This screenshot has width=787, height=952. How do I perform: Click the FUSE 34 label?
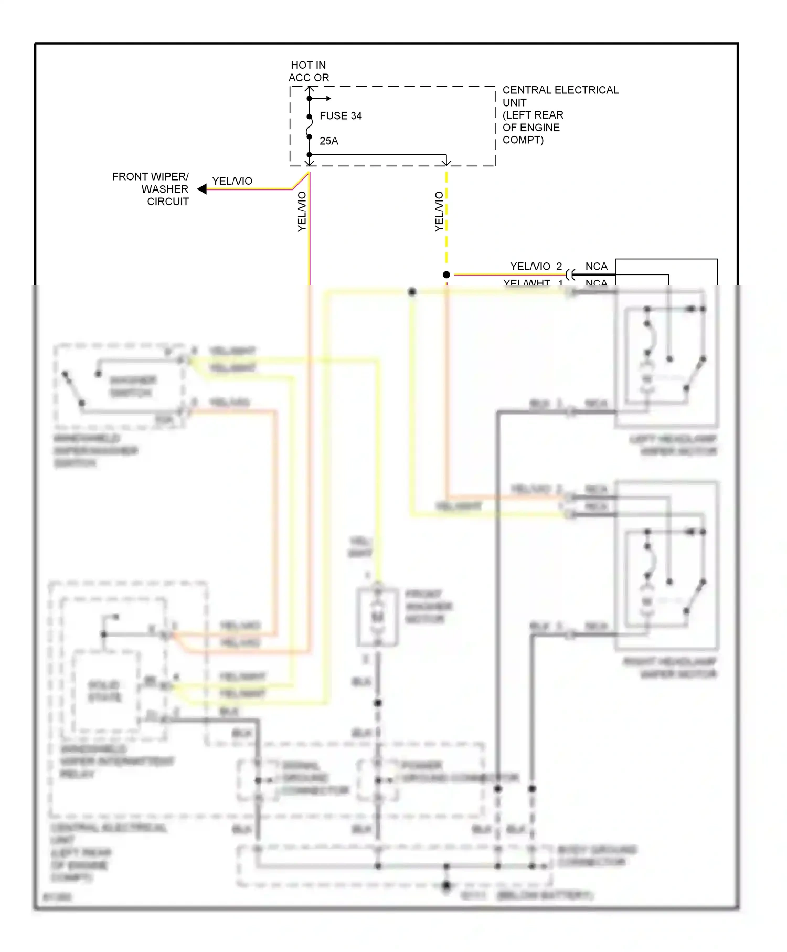pos(341,116)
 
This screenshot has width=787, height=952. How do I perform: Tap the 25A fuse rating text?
pos(329,141)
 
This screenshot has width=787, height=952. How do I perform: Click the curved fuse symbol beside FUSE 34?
pos(310,127)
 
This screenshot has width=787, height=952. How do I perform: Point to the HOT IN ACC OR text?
pos(309,71)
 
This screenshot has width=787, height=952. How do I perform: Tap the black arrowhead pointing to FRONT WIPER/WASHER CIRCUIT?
pos(201,189)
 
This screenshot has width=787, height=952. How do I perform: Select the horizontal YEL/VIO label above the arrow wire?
pos(232,181)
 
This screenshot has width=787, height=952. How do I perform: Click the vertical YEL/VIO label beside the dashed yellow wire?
pos(439,211)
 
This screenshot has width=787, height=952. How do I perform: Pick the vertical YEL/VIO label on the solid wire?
pos(302,211)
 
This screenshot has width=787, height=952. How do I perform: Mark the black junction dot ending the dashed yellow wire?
pos(446,274)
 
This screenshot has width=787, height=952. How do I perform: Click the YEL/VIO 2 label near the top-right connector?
pos(536,267)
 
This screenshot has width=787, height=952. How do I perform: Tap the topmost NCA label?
pos(596,267)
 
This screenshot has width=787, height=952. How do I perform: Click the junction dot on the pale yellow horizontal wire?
pos(412,292)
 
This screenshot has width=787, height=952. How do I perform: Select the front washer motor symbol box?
pos(377,617)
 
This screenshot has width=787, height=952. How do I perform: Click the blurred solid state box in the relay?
pos(106,691)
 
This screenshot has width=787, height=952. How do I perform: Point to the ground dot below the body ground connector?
pos(446,886)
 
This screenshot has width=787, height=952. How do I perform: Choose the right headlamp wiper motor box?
pos(666,566)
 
